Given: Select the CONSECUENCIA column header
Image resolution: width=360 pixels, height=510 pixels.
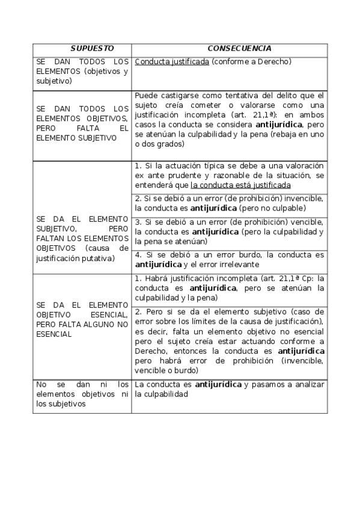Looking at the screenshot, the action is (x=239, y=48).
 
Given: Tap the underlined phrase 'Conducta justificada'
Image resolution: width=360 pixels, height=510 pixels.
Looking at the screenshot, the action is (x=172, y=61).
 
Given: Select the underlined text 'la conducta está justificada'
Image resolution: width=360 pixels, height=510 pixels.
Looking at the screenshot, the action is (x=240, y=185).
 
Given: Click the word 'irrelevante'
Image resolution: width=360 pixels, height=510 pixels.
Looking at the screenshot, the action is (x=236, y=264).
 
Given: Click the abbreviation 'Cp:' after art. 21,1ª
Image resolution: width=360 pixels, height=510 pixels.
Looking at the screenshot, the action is (x=305, y=278).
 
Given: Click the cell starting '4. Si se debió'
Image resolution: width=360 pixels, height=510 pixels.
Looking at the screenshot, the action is (x=229, y=259).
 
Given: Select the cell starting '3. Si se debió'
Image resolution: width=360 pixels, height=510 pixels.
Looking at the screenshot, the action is (x=229, y=231).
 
